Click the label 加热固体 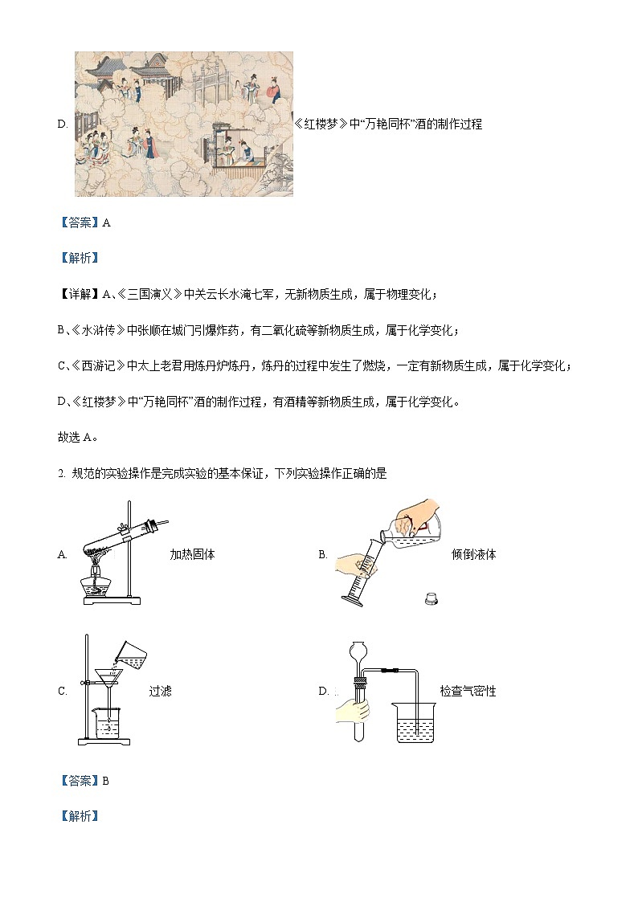[192, 554]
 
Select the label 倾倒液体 [473, 554]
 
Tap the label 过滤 [160, 691]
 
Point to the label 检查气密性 [468, 691]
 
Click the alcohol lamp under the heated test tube [95, 584]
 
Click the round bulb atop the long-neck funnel [360, 649]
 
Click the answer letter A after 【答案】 [107, 223]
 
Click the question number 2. [60, 474]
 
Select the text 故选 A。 [78, 437]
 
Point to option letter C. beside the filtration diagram [63, 691]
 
